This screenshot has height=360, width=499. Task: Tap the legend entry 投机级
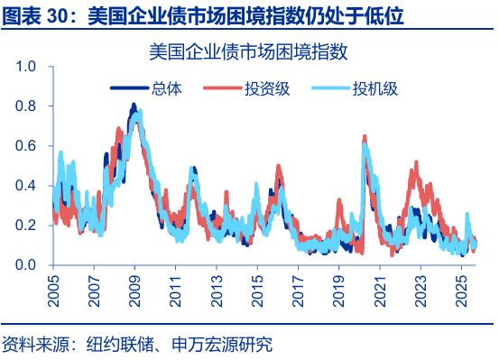[374, 88]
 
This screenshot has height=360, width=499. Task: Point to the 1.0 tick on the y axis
[25, 67]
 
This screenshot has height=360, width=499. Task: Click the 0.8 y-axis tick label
[25, 106]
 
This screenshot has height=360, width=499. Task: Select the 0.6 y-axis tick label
[25, 146]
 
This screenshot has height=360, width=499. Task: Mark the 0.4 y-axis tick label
[25, 186]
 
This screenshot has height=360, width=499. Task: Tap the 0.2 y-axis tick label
[25, 226]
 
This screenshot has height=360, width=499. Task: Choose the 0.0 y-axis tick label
[25, 265]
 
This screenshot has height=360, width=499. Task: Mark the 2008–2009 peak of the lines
[134, 106]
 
